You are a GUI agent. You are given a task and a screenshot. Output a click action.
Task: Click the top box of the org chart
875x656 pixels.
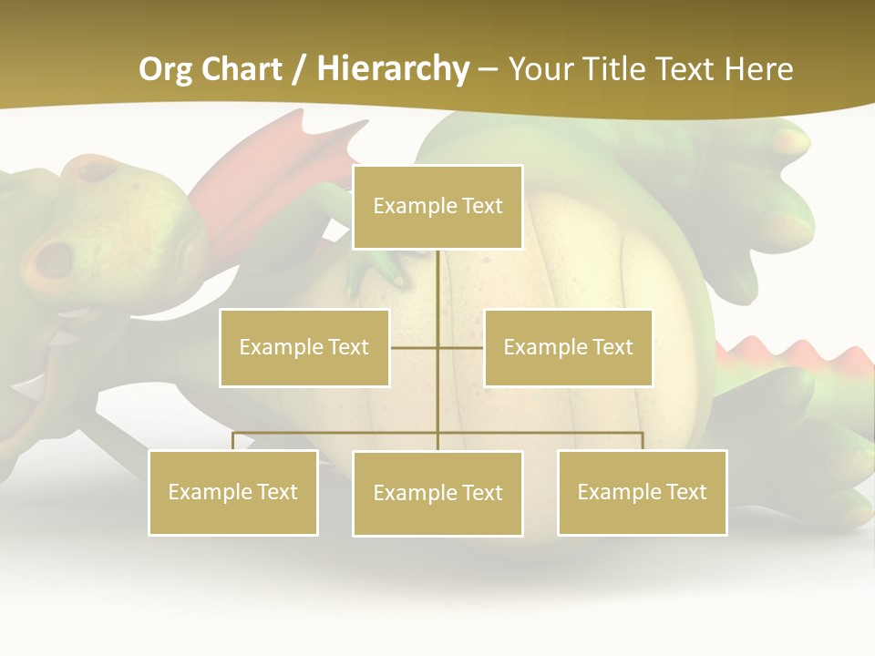437,207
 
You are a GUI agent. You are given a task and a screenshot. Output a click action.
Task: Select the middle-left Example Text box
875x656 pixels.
304,347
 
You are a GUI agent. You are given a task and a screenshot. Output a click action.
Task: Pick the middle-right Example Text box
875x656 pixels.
568,347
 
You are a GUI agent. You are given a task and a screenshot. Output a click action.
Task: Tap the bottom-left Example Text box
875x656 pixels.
233,492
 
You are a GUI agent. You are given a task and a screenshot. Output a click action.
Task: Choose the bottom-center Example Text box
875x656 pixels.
437,493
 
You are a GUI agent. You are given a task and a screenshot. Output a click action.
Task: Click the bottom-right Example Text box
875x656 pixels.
642,492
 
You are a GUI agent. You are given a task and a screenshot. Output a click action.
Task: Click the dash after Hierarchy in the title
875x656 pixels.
489,69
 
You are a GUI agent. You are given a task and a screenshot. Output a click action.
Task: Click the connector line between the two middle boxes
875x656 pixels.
437,347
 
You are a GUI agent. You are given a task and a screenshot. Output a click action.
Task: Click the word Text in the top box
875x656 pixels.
480,206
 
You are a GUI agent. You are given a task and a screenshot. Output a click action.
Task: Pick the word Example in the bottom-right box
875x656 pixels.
615,492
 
